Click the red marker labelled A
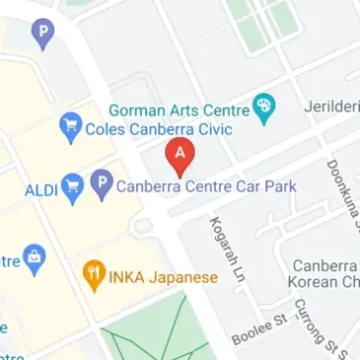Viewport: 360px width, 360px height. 180,154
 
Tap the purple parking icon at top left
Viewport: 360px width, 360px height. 40,36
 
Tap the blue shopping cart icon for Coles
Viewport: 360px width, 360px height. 69,125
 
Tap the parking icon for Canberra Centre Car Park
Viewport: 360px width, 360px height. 101,182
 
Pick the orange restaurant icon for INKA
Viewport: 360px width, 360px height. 95,275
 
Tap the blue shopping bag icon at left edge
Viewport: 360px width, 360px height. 36,258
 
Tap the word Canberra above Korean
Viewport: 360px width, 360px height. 324,266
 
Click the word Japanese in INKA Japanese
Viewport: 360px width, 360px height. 182,277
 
